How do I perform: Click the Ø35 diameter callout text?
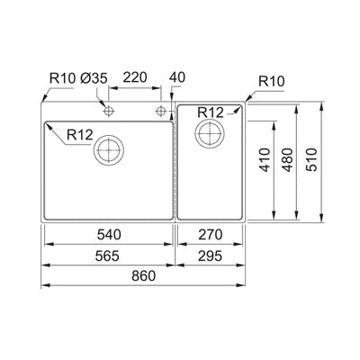point(96,80)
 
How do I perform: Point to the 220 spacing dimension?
point(136,80)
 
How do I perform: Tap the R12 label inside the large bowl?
point(77,136)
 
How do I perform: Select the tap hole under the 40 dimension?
point(162,111)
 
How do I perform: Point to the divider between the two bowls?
point(175,162)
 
